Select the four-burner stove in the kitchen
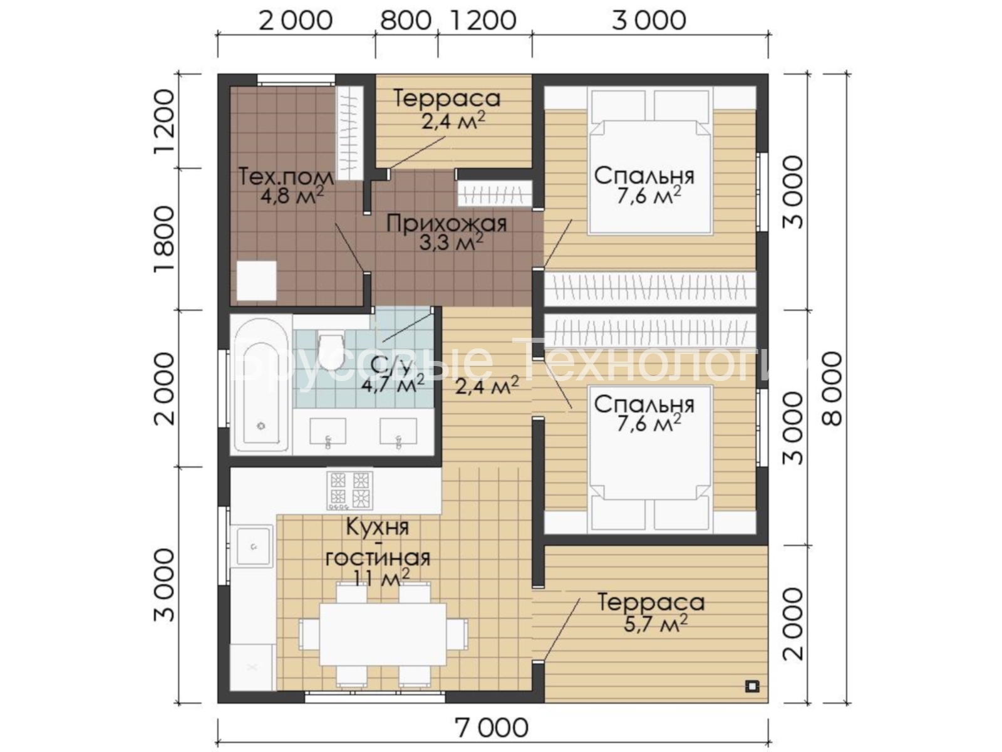click(x=349, y=491)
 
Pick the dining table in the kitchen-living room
click(x=383, y=635)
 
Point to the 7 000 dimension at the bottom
click(x=492, y=728)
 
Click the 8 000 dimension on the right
click(x=834, y=389)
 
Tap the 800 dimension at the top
click(x=406, y=21)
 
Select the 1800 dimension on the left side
click(x=164, y=240)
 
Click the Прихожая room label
click(x=447, y=224)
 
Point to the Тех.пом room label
click(x=286, y=177)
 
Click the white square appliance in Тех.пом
click(x=257, y=280)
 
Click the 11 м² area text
click(x=381, y=578)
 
